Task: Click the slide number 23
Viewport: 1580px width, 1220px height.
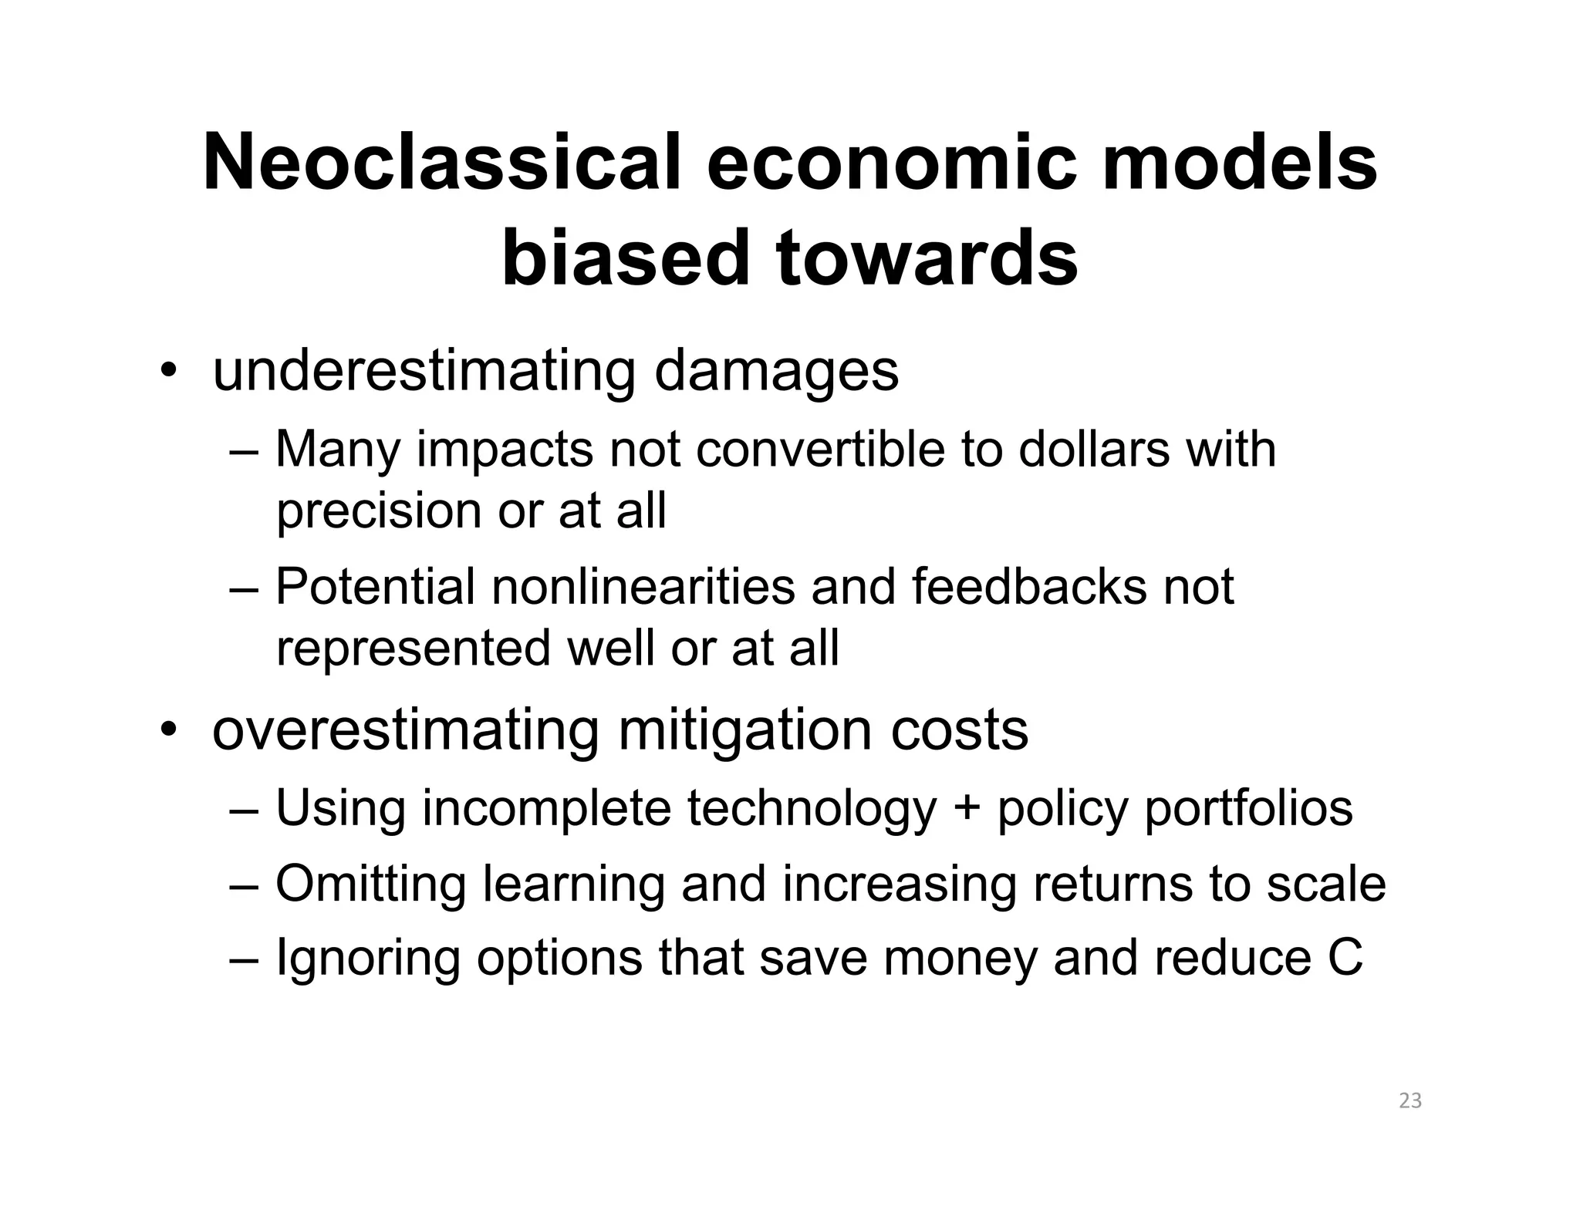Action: [x=1410, y=1101]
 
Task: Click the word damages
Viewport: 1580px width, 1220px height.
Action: [x=776, y=372]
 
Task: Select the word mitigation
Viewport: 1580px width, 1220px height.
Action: [x=745, y=730]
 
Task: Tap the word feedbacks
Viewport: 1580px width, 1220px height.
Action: [x=1029, y=587]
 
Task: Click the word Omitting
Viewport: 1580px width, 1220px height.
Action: [x=370, y=884]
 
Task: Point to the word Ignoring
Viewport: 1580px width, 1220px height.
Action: [x=367, y=959]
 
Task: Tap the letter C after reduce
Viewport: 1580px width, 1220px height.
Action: [x=1345, y=959]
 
